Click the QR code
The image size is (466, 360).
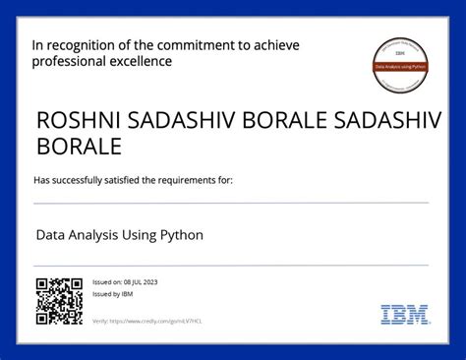[x=59, y=301]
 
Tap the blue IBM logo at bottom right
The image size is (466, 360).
[x=404, y=315]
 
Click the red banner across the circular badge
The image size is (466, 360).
[x=400, y=67]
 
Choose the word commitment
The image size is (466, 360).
[x=206, y=45]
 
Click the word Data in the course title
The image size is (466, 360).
[x=50, y=236]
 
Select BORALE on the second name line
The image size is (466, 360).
[x=79, y=147]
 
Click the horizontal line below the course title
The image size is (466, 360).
[x=231, y=265]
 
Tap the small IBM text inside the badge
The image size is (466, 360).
[x=400, y=56]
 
